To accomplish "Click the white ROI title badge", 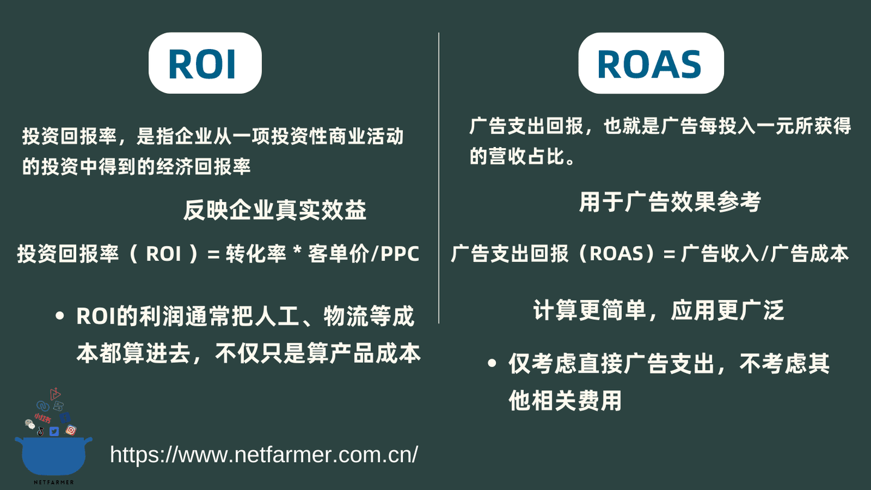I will [205, 63].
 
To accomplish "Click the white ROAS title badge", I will [651, 63].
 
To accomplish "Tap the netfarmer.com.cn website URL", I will [264, 454].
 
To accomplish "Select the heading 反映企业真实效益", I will [275, 210].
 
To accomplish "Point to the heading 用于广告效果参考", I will [670, 201].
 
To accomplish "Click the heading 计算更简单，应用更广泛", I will [659, 310].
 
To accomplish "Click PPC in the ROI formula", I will [399, 254].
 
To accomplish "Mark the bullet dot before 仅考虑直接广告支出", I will [492, 364].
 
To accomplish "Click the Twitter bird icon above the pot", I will [54, 431].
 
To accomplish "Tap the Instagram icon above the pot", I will [71, 430].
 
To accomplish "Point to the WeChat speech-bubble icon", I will [30, 423].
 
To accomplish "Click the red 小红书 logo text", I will [42, 417].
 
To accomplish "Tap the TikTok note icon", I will [41, 431].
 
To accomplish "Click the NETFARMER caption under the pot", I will [54, 482].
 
